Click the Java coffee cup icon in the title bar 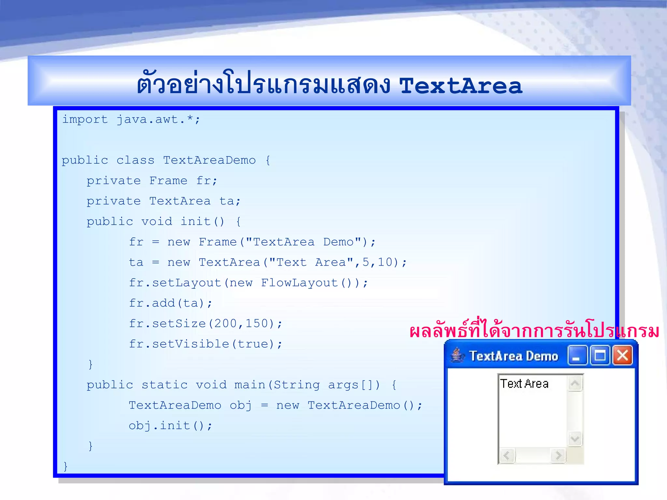pyautogui.click(x=458, y=355)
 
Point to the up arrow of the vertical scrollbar pyautogui.click(x=575, y=383)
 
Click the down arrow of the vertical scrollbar pyautogui.click(x=575, y=439)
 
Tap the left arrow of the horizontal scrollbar pyautogui.click(x=507, y=455)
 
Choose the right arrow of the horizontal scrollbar pyautogui.click(x=558, y=455)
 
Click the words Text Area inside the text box pyautogui.click(x=524, y=384)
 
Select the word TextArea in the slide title pyautogui.click(x=461, y=86)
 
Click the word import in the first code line pyautogui.click(x=85, y=119)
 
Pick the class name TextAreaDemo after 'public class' pyautogui.click(x=209, y=160)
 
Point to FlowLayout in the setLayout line pyautogui.click(x=299, y=283)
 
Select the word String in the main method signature pyautogui.click(x=297, y=385)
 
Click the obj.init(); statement pyautogui.click(x=170, y=426)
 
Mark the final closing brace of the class pyautogui.click(x=65, y=466)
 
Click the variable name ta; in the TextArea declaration pyautogui.click(x=230, y=201)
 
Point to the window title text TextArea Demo pyautogui.click(x=514, y=356)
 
